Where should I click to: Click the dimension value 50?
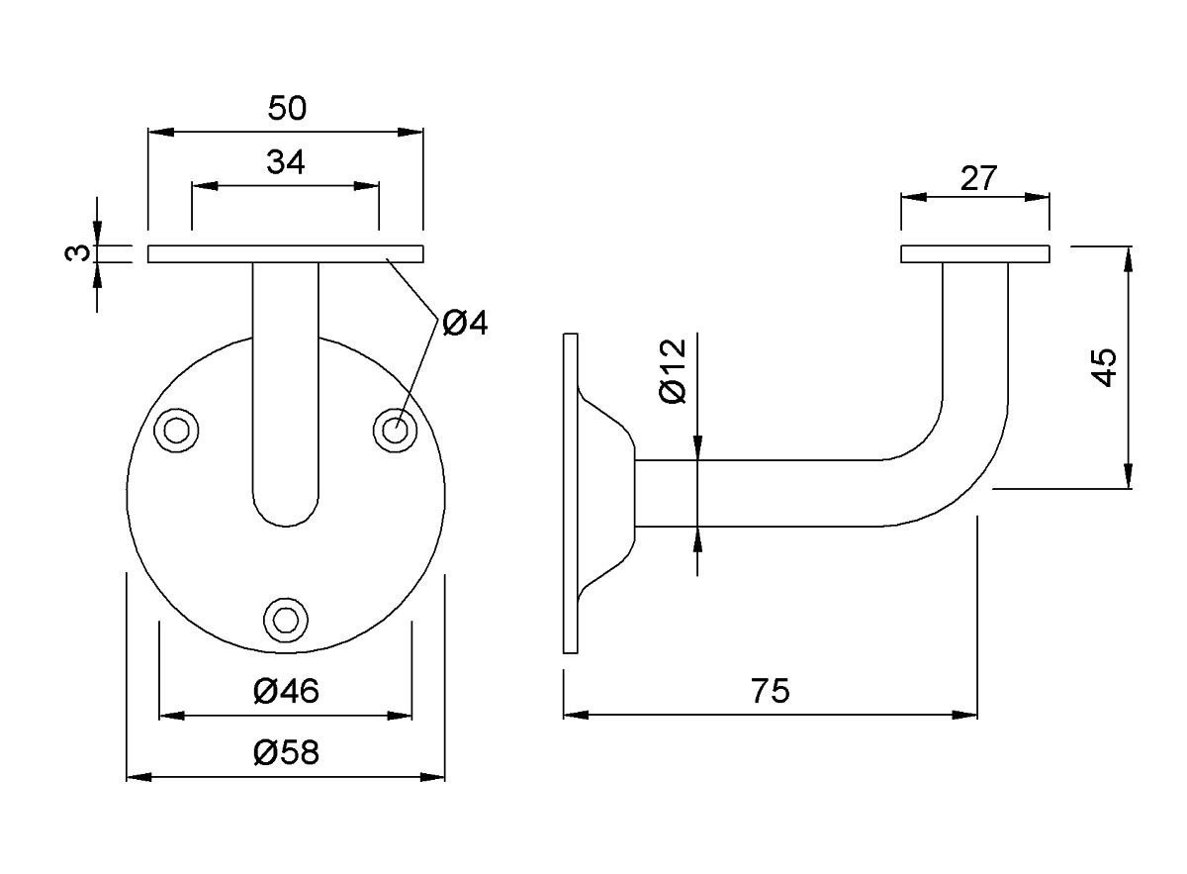tap(287, 108)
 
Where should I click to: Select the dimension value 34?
tap(285, 161)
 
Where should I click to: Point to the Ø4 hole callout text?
tap(465, 323)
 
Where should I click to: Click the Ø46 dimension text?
tap(286, 691)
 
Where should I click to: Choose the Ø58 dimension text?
tap(286, 753)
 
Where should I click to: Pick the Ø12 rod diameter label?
tap(672, 370)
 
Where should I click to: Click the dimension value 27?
tap(978, 178)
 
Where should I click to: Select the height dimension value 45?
tap(1104, 367)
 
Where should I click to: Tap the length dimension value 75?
tap(771, 691)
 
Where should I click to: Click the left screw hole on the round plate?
tap(178, 431)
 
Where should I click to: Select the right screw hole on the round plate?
tap(395, 431)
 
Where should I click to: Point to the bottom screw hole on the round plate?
tap(286, 618)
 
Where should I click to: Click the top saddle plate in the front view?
tap(286, 253)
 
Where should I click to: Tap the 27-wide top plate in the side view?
tap(975, 253)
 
